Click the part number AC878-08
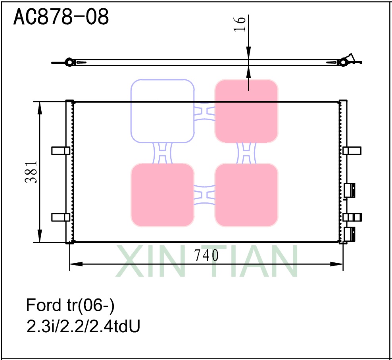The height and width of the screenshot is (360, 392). [x=61, y=17]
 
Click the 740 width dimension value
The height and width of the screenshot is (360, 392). [x=206, y=256]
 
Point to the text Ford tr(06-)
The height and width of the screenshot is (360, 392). [x=70, y=305]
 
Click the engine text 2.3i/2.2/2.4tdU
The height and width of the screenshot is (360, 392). [x=83, y=327]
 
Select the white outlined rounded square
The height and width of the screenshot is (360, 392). [x=162, y=111]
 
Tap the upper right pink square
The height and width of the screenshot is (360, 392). [x=246, y=111]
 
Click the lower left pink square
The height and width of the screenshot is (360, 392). [x=162, y=195]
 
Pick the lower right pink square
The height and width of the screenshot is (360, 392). [x=246, y=195]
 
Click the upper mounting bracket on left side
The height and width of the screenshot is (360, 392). [x=61, y=150]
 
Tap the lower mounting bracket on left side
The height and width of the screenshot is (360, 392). [x=61, y=217]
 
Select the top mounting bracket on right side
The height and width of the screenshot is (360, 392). [x=352, y=150]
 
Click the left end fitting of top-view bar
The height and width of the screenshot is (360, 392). [x=69, y=62]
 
